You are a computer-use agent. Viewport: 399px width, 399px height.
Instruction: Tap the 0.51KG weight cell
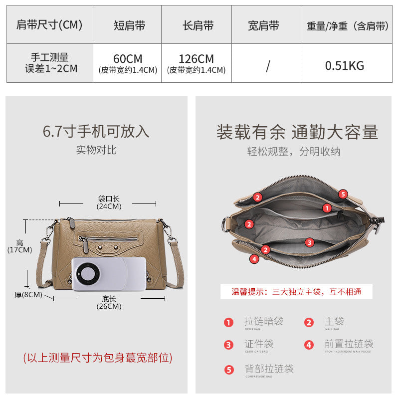pyautogui.click(x=345, y=65)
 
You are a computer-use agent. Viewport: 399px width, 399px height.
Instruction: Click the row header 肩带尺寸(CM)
pyautogui.click(x=49, y=25)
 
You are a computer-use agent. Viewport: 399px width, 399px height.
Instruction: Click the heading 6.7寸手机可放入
pyautogui.click(x=96, y=131)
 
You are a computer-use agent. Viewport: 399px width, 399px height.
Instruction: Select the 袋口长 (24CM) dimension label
pyautogui.click(x=109, y=202)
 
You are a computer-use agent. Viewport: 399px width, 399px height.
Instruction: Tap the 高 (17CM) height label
pyautogui.click(x=19, y=245)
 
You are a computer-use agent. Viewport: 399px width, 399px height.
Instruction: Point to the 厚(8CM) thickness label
pyautogui.click(x=28, y=294)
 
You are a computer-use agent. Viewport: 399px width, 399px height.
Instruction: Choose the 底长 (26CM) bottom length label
pyautogui.click(x=109, y=302)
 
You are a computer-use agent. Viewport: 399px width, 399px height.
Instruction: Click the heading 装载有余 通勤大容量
pyautogui.click(x=297, y=132)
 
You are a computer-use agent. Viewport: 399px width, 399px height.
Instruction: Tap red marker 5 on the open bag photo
pyautogui.click(x=343, y=194)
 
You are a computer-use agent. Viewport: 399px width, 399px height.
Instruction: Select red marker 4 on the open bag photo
pyautogui.click(x=254, y=259)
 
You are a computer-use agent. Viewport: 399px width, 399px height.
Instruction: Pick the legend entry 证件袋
pyautogui.click(x=258, y=344)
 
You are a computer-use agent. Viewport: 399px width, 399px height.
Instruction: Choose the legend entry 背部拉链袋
pyautogui.click(x=268, y=369)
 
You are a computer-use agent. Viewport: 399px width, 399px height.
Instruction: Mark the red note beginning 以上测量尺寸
pyautogui.click(x=98, y=358)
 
